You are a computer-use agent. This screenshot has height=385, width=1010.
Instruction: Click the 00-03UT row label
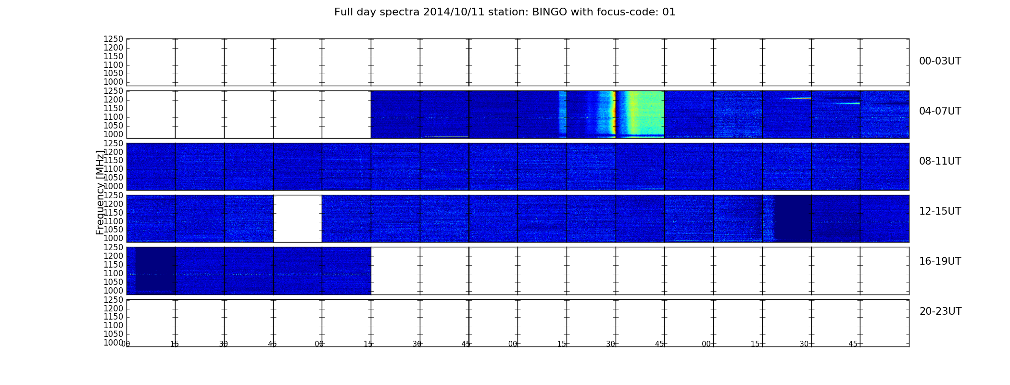940,61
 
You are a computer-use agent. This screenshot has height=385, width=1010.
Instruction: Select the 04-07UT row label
940,111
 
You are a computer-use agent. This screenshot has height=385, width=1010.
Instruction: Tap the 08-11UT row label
940,161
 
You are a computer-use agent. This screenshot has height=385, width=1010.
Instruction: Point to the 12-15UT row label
940,211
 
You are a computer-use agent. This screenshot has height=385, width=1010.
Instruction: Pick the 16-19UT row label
940,261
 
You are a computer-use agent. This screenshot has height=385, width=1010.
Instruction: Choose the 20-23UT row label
940,311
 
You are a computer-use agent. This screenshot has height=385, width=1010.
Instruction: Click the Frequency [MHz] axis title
100,192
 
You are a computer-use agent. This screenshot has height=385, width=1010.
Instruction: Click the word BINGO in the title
550,12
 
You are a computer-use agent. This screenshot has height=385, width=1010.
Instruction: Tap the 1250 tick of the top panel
113,39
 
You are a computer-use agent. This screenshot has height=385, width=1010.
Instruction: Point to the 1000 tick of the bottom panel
113,343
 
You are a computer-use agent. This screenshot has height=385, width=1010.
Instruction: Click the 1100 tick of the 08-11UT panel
113,169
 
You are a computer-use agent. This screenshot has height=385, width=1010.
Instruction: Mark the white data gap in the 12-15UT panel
297,218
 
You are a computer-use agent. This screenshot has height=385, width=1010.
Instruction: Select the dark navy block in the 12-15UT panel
793,218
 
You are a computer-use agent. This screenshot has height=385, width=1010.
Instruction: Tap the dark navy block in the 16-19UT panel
155,269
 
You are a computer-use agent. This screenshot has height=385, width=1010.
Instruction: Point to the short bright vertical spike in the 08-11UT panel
361,159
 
